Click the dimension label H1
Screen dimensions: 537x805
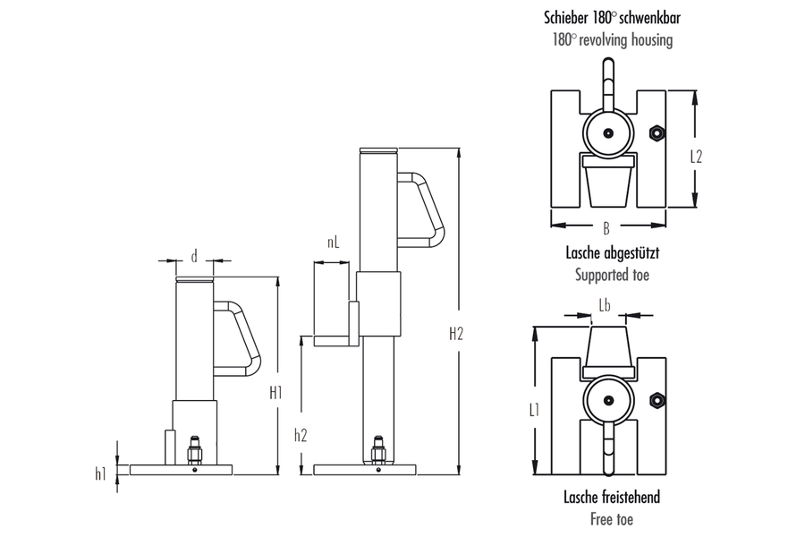pos(275,391)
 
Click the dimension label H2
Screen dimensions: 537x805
pos(456,334)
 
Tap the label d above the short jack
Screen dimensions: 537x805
pos(194,256)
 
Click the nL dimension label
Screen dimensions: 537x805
pos(333,242)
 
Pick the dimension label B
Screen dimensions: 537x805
pos(607,228)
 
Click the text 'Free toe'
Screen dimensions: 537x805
pos(612,518)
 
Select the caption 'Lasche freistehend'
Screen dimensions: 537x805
pos(612,497)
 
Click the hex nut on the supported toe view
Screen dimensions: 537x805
pos(657,135)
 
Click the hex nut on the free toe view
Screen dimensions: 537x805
pos(657,398)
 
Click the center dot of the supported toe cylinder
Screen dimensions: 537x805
pos(608,133)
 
